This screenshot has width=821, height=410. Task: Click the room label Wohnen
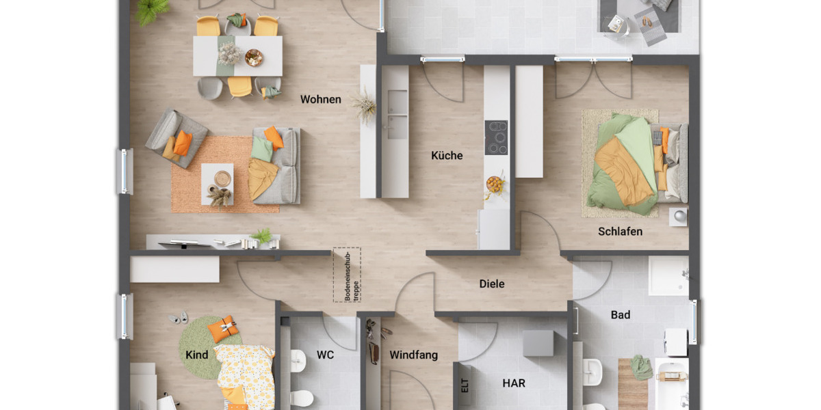(320, 100)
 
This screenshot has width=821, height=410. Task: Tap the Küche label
(447, 156)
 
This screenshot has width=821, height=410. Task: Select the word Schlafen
(620, 232)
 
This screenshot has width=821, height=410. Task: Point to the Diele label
(491, 284)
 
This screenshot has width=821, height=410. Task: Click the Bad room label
(621, 315)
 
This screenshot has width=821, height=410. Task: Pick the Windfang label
(413, 355)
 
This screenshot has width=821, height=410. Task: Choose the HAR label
(514, 383)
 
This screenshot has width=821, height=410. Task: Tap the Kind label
(197, 355)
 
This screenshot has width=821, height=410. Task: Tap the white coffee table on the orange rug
(218, 184)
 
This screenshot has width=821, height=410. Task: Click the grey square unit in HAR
(538, 343)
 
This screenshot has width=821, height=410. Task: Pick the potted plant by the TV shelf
(262, 236)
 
